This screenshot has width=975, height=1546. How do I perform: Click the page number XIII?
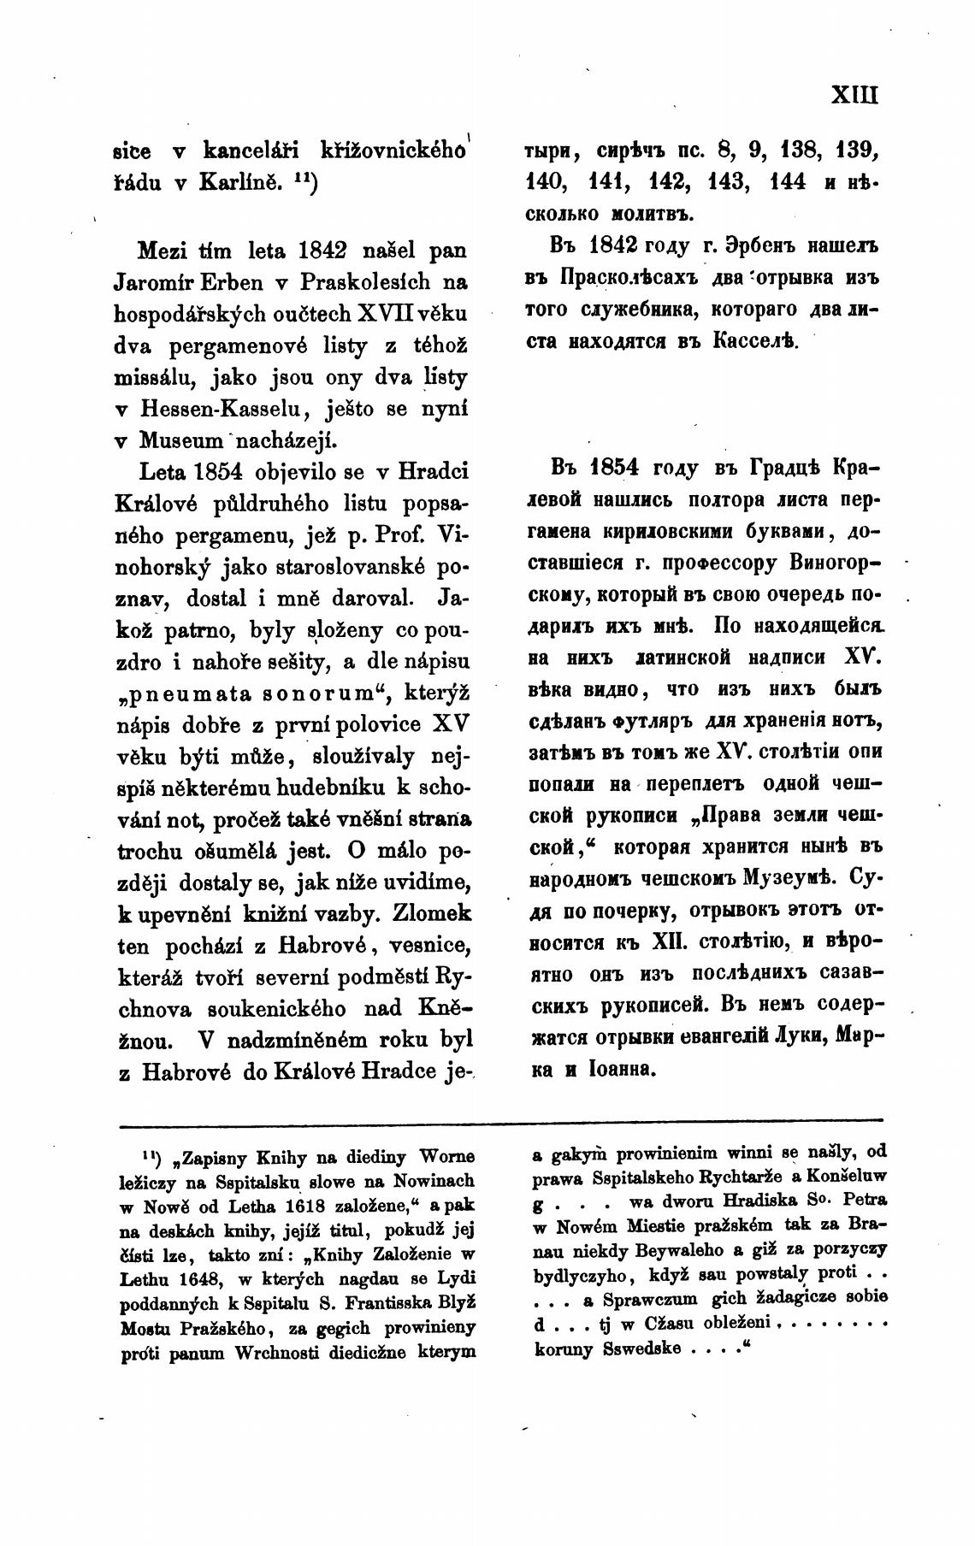854,93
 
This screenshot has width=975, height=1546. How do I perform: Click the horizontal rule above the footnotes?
500,1120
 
